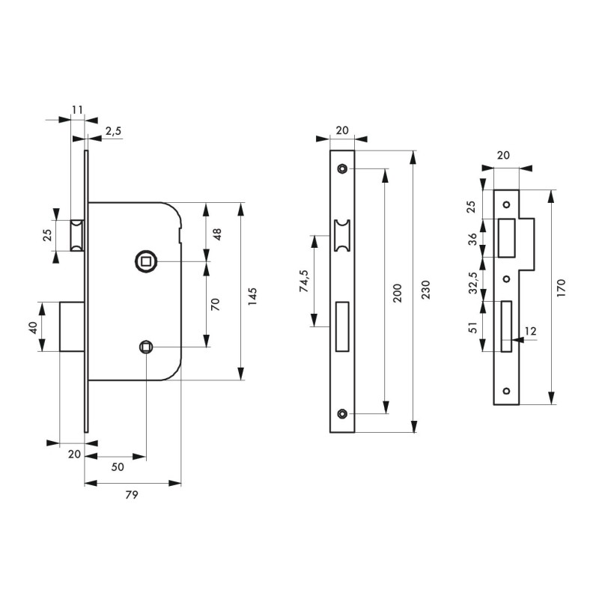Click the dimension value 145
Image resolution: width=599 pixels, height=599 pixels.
(x=252, y=296)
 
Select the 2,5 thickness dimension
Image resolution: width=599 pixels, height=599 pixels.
(x=113, y=132)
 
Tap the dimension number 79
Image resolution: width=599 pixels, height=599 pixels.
(x=132, y=495)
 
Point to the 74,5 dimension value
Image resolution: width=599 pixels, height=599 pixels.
(x=304, y=281)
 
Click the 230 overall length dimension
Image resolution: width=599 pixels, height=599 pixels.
(x=425, y=290)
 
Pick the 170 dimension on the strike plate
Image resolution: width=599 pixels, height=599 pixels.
(x=560, y=288)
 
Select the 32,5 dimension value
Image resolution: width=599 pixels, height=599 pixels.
(x=473, y=283)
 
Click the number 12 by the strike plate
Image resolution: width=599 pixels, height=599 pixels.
(x=531, y=331)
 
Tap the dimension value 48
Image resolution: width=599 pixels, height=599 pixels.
(x=216, y=234)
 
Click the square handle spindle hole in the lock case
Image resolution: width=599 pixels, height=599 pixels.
(x=145, y=261)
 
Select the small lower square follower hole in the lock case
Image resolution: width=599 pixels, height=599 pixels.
(x=145, y=347)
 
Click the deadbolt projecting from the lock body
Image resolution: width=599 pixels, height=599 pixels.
(x=72, y=326)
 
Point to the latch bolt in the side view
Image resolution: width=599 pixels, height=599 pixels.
(x=77, y=235)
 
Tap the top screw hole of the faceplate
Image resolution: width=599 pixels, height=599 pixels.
(x=342, y=168)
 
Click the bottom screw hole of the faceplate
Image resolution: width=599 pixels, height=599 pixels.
(x=342, y=413)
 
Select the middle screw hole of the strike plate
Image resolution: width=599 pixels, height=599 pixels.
(x=506, y=279)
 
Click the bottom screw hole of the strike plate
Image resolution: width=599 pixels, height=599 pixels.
(x=506, y=391)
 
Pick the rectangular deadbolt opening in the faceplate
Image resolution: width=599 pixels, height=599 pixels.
(x=342, y=326)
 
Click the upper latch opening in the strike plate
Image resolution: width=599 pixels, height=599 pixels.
(x=507, y=238)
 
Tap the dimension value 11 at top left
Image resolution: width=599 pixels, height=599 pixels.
(x=77, y=110)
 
